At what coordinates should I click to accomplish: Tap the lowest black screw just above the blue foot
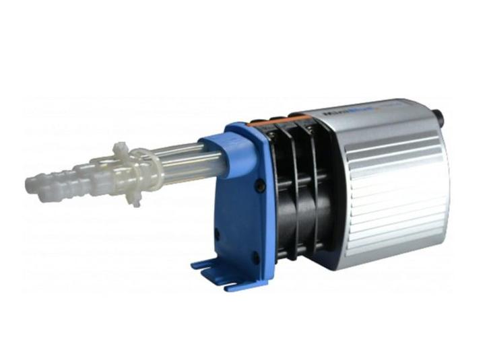coord(255,258)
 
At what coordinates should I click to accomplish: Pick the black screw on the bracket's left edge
coord(217,234)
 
